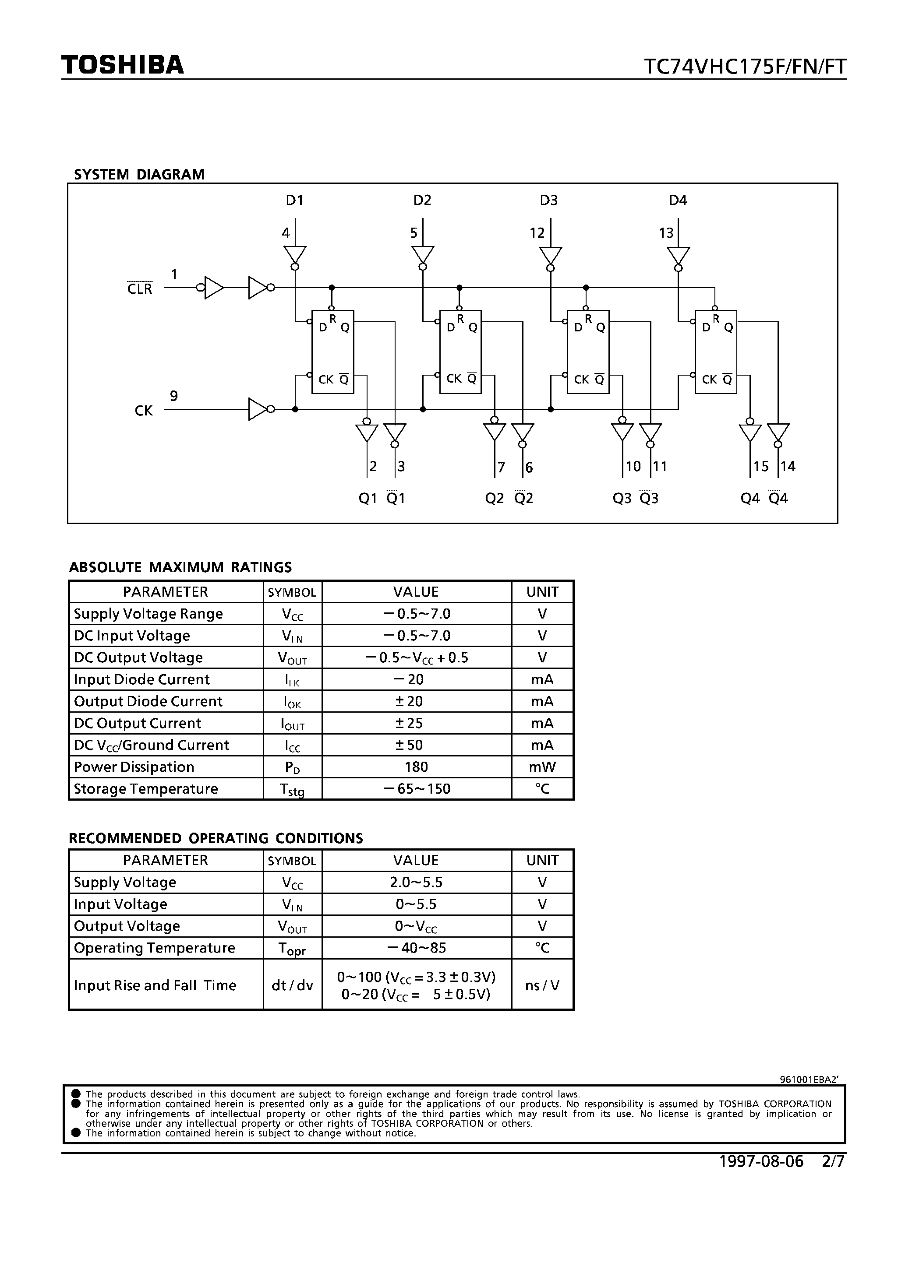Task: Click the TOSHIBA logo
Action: (x=122, y=65)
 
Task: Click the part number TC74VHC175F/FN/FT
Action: (x=745, y=67)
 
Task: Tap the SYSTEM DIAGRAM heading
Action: (x=139, y=175)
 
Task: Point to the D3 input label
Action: (x=548, y=200)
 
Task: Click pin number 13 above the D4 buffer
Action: (x=666, y=233)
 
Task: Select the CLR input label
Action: (x=139, y=289)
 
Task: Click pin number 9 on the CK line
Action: (x=174, y=396)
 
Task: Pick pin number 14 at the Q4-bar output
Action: (x=788, y=466)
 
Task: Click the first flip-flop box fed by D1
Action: (x=332, y=352)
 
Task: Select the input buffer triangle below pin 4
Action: (x=295, y=255)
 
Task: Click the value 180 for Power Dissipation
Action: (x=416, y=767)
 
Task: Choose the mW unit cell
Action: (x=542, y=767)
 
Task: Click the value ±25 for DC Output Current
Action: (x=416, y=723)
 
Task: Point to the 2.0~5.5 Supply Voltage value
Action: (x=416, y=882)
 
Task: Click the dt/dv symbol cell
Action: (x=292, y=985)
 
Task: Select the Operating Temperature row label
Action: (x=155, y=948)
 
